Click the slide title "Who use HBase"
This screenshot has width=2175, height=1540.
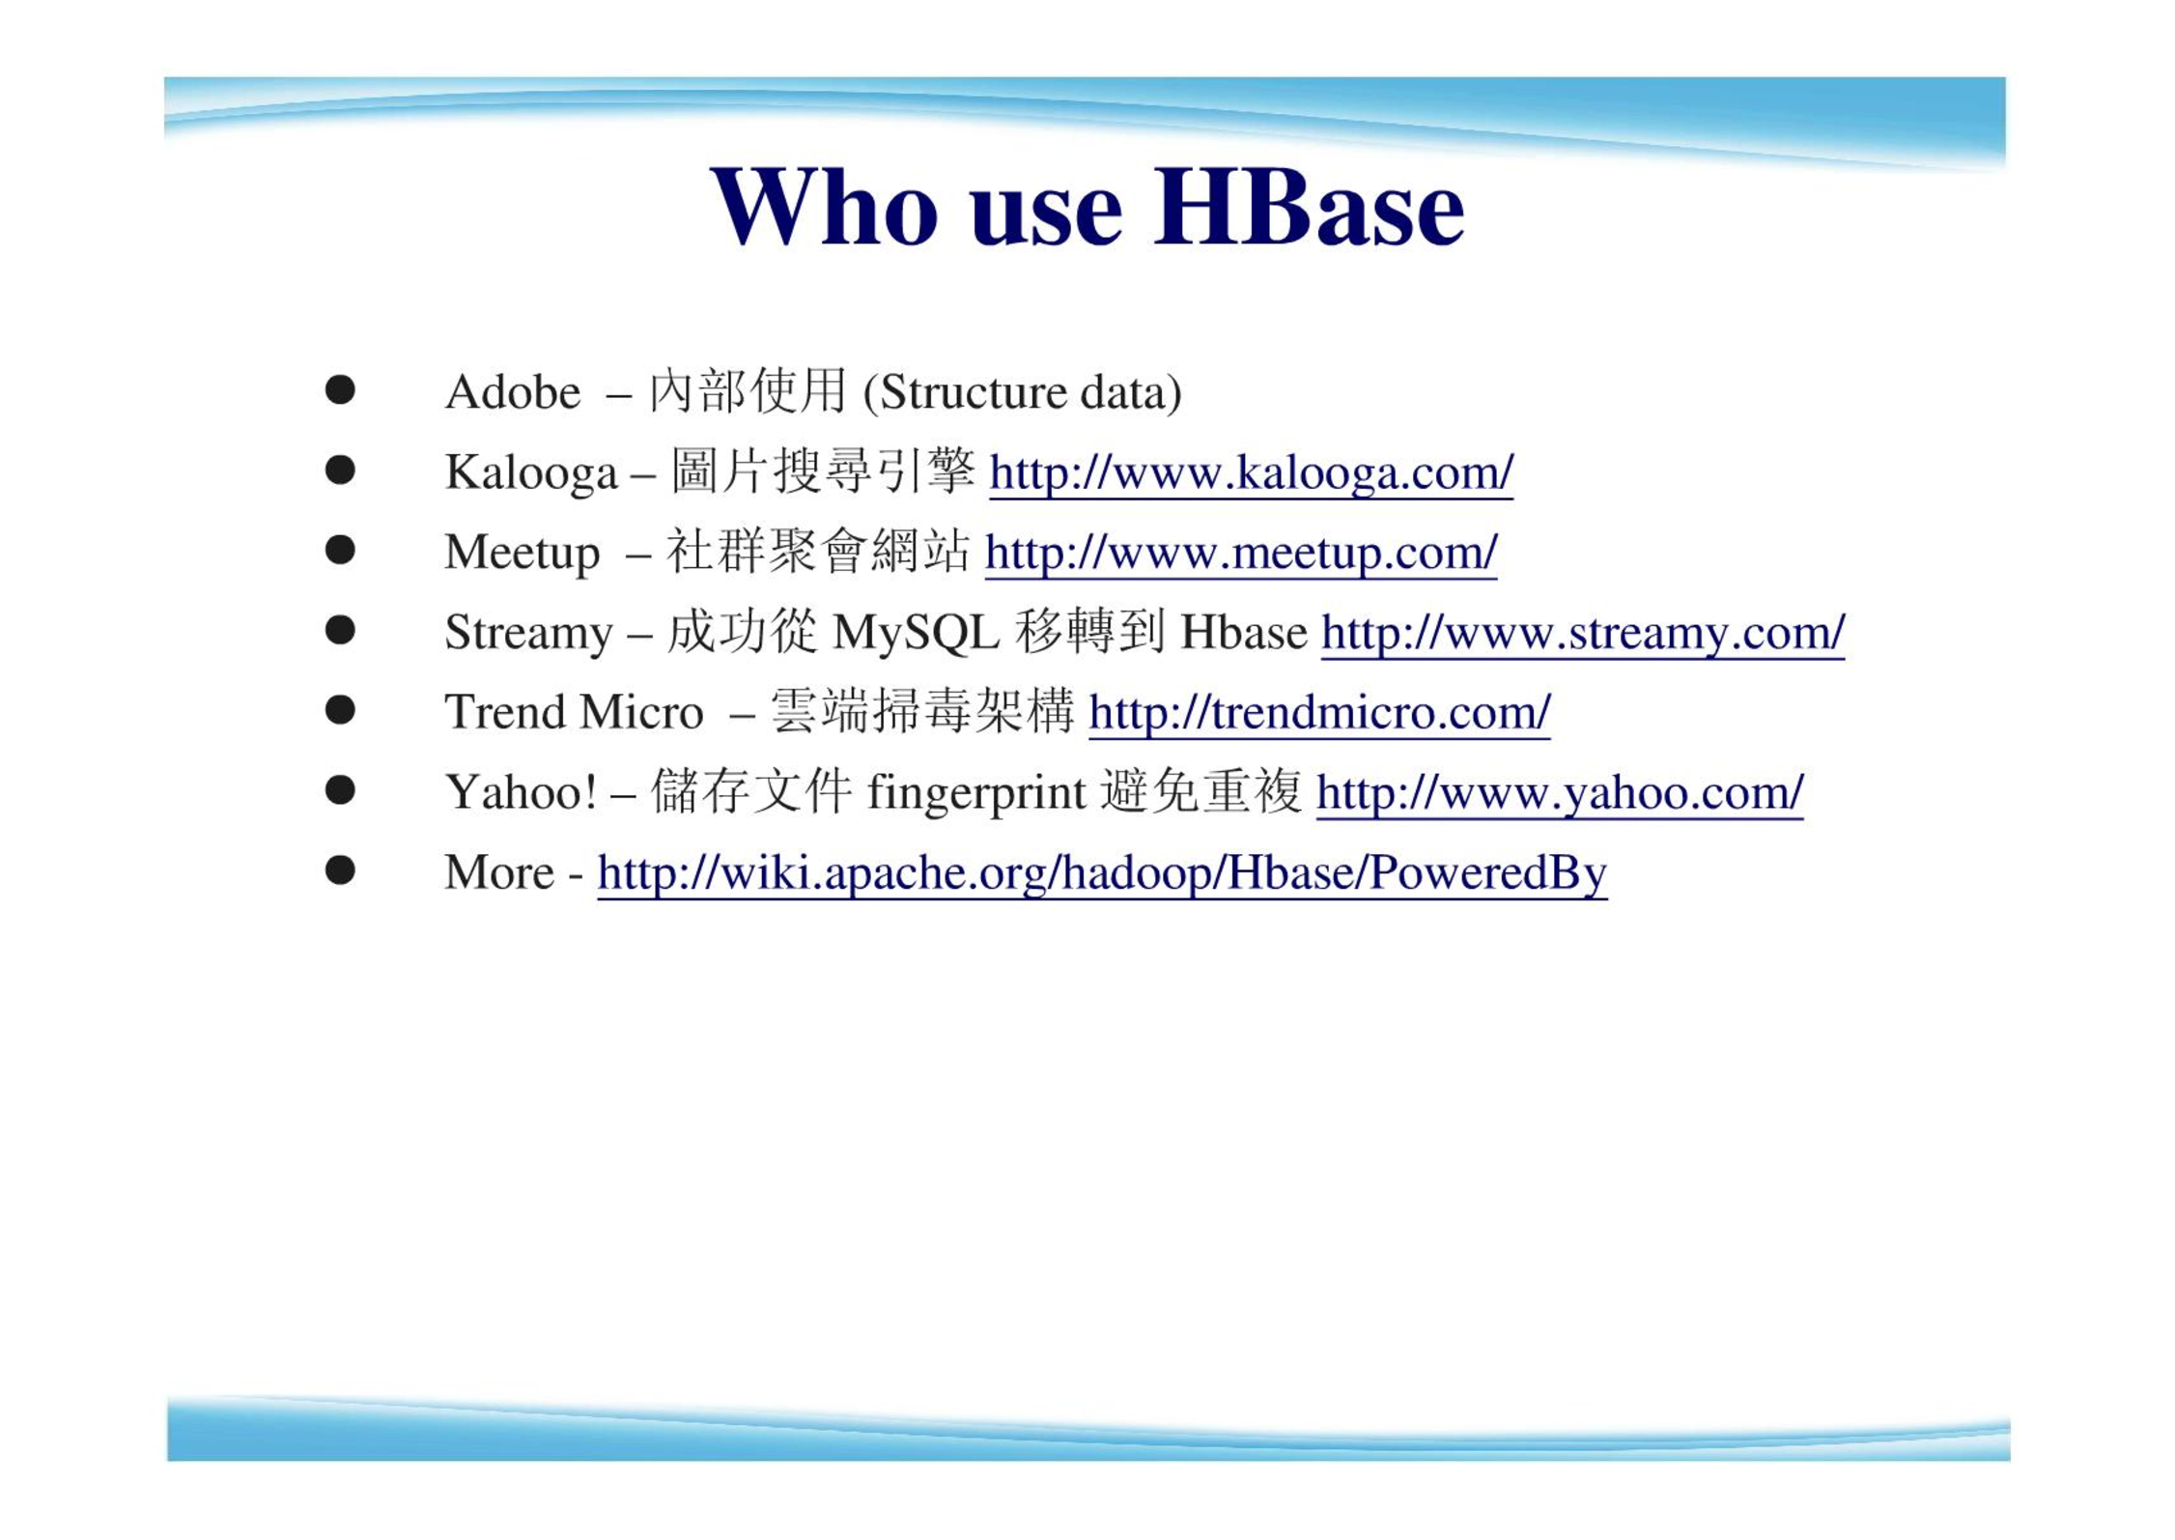point(1087,207)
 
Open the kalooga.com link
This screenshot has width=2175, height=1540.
point(1251,473)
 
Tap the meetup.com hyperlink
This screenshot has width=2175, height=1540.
point(1241,554)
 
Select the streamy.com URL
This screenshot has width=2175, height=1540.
point(1583,634)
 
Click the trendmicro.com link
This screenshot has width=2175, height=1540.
point(1319,713)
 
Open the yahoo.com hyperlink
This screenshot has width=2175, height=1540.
point(1560,794)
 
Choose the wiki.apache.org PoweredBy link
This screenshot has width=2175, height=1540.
point(1102,873)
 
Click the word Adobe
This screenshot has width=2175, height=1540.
point(513,392)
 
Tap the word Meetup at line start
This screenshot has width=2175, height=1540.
point(523,554)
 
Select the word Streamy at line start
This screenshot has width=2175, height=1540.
point(528,634)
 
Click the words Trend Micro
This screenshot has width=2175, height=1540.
point(574,713)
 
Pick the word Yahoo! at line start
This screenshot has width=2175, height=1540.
point(522,793)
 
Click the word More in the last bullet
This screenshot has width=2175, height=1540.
point(499,873)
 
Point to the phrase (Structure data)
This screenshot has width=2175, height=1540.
point(1022,393)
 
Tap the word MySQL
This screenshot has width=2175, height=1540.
point(915,634)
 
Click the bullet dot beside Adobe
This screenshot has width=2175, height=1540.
point(340,390)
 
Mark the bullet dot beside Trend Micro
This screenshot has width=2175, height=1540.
point(340,710)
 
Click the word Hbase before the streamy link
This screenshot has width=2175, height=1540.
point(1244,634)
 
